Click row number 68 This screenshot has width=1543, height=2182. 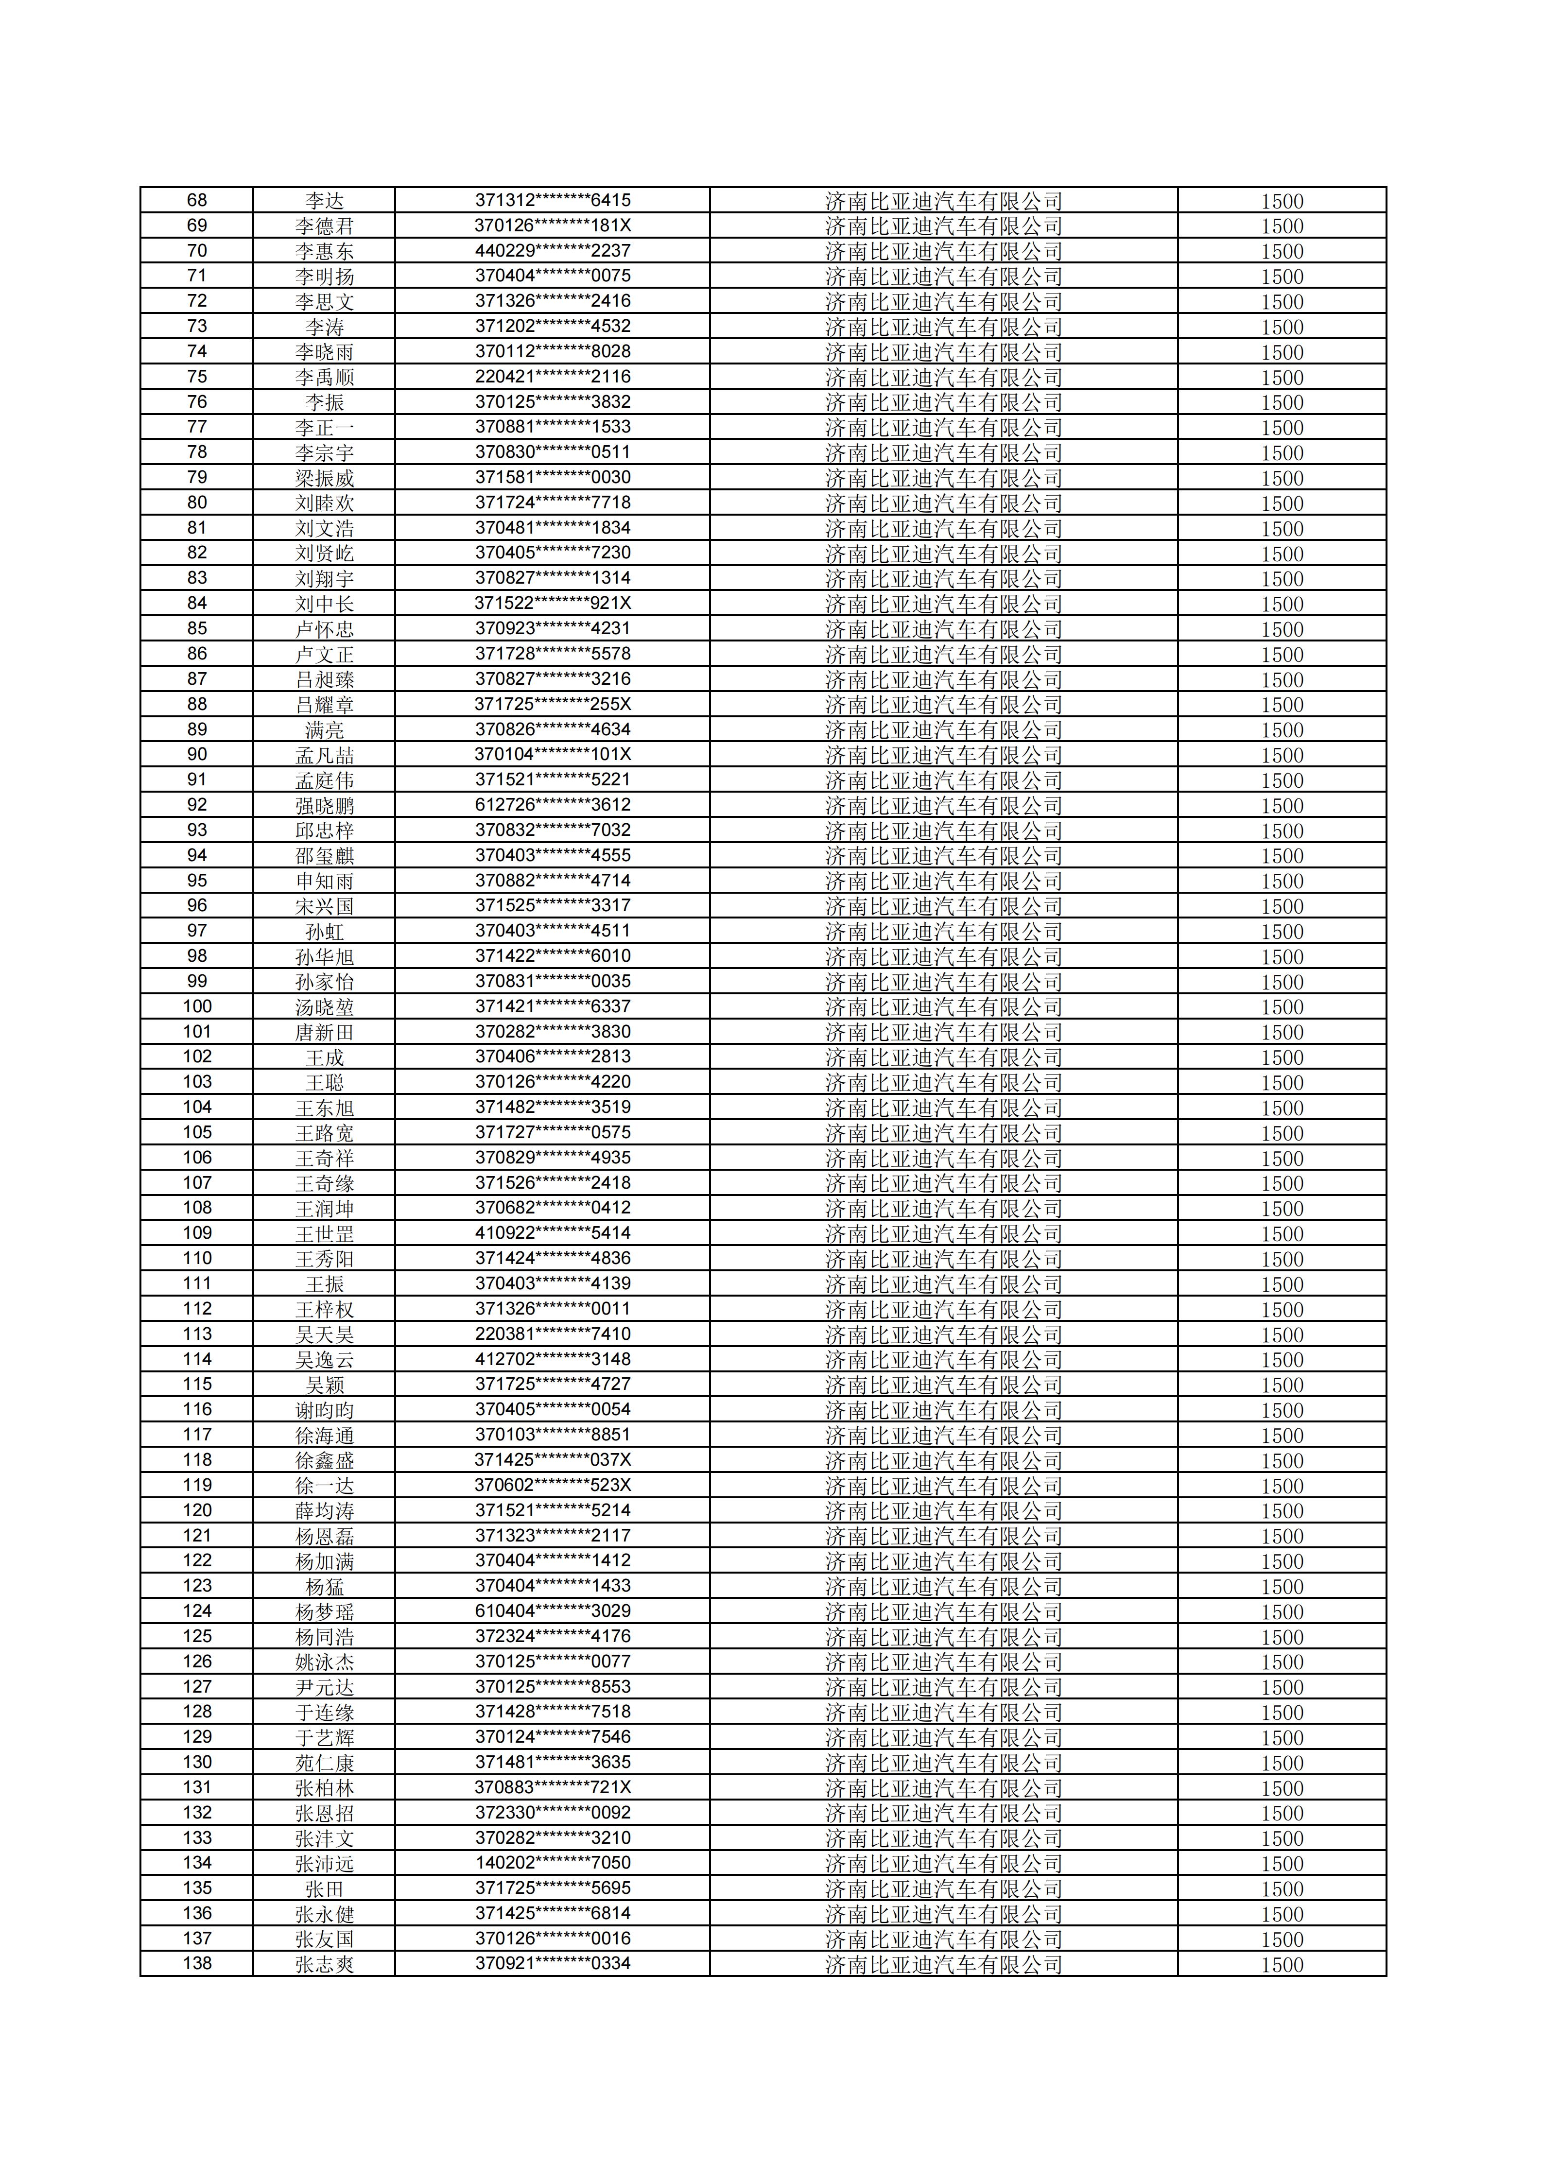point(197,201)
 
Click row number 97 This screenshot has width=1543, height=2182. point(197,931)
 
